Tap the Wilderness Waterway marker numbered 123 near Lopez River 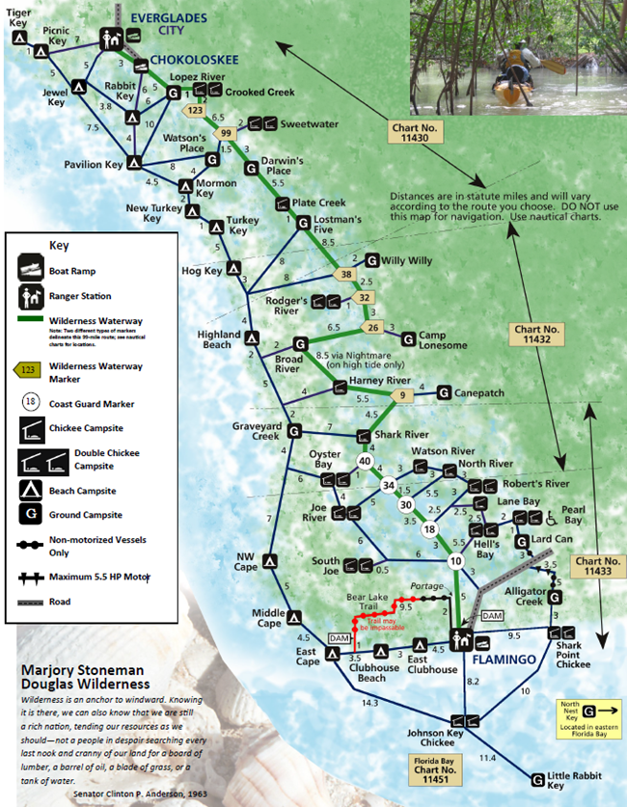[195, 111]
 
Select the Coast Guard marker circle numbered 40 [366, 462]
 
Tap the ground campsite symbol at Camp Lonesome [409, 338]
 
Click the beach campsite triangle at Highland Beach [251, 338]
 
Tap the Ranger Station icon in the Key [34, 296]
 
